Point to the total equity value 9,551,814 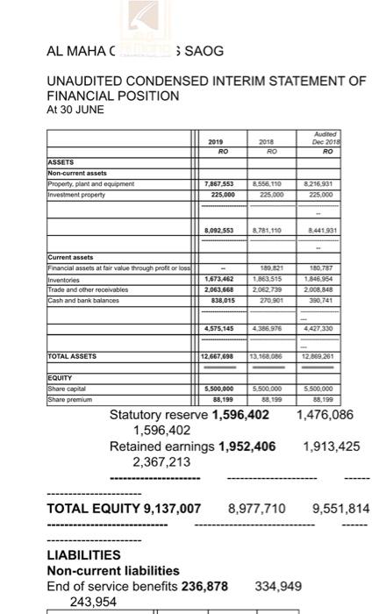point(342,509)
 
